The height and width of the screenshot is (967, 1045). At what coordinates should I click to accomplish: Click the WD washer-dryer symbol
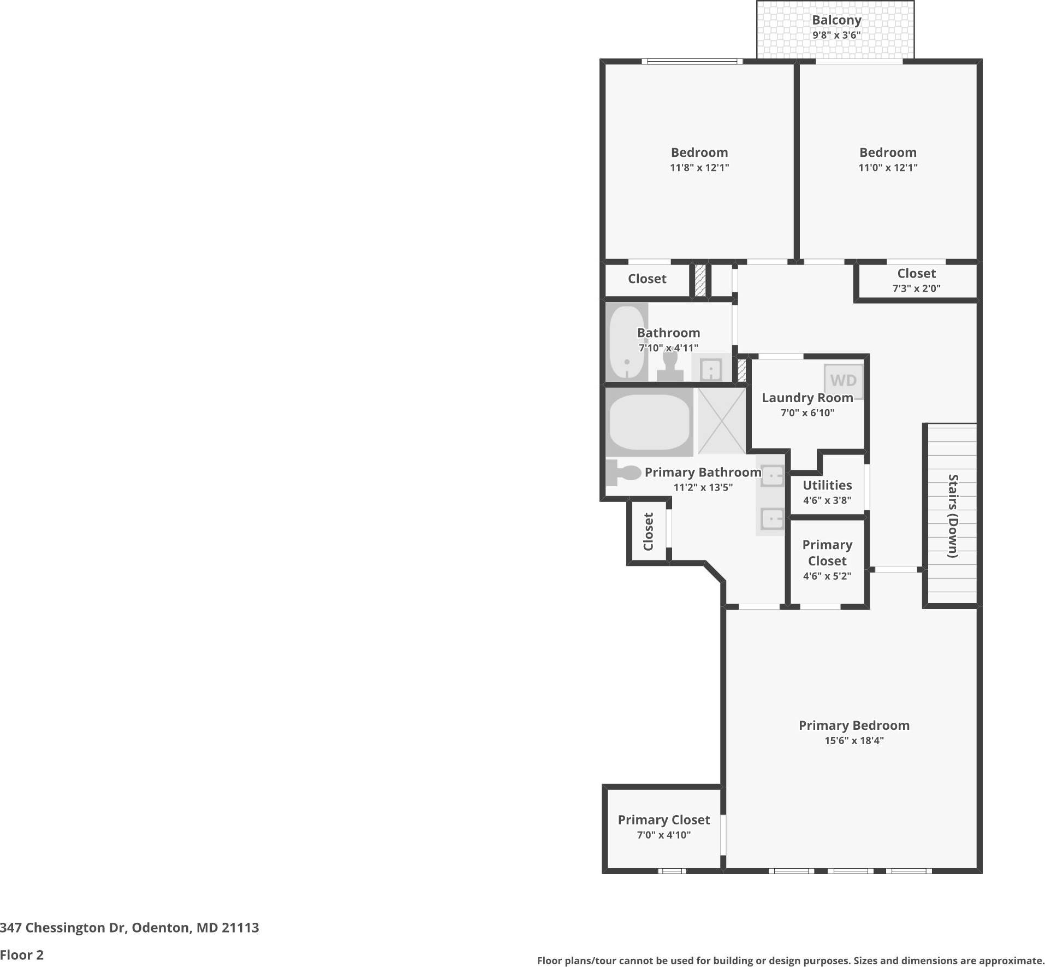point(844,381)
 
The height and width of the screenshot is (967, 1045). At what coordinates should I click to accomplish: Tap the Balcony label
point(836,20)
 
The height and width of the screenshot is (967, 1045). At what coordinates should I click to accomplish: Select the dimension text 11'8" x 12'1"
point(699,168)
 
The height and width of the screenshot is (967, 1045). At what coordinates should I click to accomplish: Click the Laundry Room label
point(807,398)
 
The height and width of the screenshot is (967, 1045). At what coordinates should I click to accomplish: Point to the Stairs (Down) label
point(953,516)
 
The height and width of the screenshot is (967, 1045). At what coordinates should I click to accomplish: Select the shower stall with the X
point(721,421)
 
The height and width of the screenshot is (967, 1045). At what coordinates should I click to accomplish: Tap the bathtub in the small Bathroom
point(626,343)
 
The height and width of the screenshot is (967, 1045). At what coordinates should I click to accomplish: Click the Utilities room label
point(827,485)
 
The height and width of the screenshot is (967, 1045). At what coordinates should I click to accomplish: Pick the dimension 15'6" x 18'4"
point(853,741)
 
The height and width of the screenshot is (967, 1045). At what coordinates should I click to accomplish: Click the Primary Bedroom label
point(853,726)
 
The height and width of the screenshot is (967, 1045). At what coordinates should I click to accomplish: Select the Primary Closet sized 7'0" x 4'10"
point(663,820)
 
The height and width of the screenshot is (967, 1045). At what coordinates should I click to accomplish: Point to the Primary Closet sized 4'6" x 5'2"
point(827,553)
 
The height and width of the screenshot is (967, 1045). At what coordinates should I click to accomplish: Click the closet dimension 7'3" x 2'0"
point(916,288)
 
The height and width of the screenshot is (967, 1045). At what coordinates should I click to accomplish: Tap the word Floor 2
point(22,955)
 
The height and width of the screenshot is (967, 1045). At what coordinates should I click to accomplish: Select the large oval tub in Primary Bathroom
point(649,422)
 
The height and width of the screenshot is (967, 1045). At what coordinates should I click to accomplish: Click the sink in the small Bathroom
point(710,370)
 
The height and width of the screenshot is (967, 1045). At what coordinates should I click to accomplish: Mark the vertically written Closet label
point(648,531)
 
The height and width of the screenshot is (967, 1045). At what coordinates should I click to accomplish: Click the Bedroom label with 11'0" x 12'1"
point(887,152)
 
